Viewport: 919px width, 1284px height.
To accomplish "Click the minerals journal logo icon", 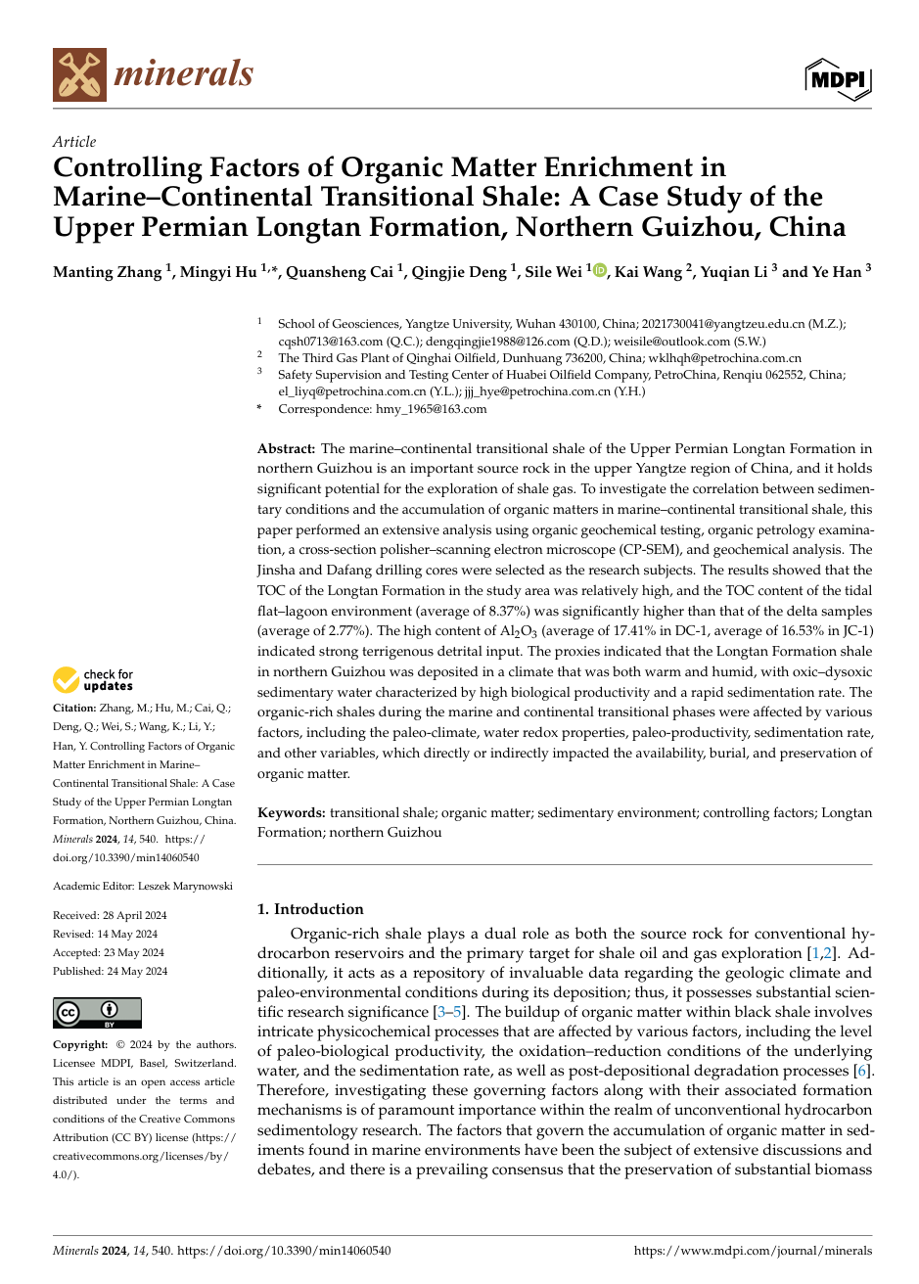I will [79, 75].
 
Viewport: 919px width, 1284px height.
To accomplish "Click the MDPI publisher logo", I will [838, 78].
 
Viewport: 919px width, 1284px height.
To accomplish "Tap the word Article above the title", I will [74, 142].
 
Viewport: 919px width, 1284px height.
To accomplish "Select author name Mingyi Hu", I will [217, 272].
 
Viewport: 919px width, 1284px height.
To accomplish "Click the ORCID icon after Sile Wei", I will [600, 271].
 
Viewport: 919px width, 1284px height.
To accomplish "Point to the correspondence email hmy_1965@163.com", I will [431, 409].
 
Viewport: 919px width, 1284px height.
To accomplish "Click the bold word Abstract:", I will [286, 448].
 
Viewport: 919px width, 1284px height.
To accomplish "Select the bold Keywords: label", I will [292, 812].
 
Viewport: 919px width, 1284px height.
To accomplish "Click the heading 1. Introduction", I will [310, 909].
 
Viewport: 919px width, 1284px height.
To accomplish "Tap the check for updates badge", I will [93, 680].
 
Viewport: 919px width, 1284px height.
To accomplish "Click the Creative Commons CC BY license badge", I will [97, 1012].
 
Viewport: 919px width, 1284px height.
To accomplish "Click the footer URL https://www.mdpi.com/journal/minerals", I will [753, 1251].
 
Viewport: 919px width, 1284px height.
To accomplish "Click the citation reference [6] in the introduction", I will [861, 1071].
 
